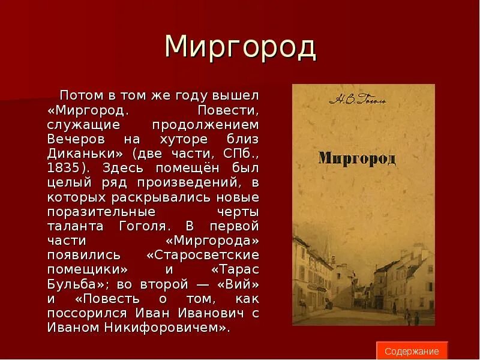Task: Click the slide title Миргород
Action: coord(240,48)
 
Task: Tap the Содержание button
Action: coord(412,351)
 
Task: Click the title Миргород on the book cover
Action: coord(357,158)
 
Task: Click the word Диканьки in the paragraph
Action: coord(73,154)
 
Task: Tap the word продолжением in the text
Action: coord(215,125)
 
